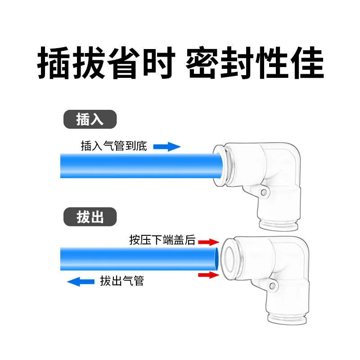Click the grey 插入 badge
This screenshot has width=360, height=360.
90,119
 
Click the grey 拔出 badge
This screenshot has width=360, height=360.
90,217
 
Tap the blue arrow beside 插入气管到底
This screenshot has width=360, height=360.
167,147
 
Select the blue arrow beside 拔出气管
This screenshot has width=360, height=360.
81,282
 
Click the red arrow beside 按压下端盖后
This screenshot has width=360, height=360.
209,242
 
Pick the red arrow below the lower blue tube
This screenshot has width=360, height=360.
209,275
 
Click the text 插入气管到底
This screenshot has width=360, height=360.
114,146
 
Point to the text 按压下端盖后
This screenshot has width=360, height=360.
162,240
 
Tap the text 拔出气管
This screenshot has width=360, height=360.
122,281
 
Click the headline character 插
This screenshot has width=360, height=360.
54,63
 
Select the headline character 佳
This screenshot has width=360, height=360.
307,63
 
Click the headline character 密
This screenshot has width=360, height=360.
202,63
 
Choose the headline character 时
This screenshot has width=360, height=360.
159,63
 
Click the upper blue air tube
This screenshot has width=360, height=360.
141,166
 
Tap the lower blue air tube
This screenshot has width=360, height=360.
139,259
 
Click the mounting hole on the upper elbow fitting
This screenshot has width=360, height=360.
264,192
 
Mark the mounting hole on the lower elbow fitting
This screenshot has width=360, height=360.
272,286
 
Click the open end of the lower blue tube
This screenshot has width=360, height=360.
216,259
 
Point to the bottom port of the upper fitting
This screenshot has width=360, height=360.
279,225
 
